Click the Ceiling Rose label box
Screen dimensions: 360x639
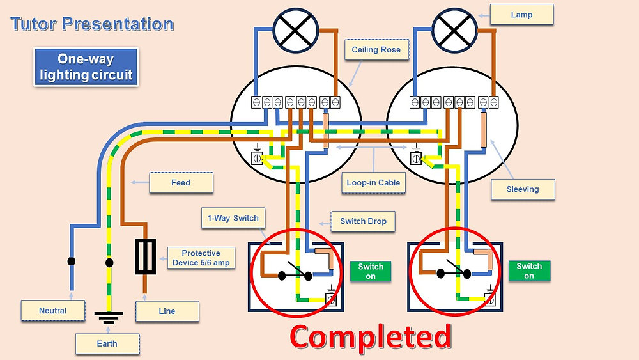pyautogui.click(x=376, y=50)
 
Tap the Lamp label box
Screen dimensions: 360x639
pyautogui.click(x=521, y=15)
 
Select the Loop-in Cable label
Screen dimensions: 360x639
pyautogui.click(x=373, y=182)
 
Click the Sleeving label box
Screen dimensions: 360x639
pyautogui.click(x=523, y=189)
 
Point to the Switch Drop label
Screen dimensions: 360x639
pyautogui.click(x=363, y=221)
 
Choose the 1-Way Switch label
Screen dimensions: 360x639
pyautogui.click(x=233, y=218)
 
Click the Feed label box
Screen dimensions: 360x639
pyautogui.click(x=181, y=183)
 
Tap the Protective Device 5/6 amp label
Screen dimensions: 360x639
pyautogui.click(x=201, y=258)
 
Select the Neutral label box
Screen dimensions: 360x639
pyautogui.click(x=53, y=311)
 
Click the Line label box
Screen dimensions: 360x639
pyautogui.click(x=167, y=311)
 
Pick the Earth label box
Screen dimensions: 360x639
pyautogui.click(x=107, y=343)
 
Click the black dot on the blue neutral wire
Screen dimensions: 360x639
pyautogui.click(x=72, y=262)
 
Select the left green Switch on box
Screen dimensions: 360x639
pyautogui.click(x=371, y=271)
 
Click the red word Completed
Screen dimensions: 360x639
pyautogui.click(x=371, y=336)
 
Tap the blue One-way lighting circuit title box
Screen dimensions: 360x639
pyautogui.click(x=86, y=67)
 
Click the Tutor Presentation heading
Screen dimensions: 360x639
pyautogui.click(x=92, y=25)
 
